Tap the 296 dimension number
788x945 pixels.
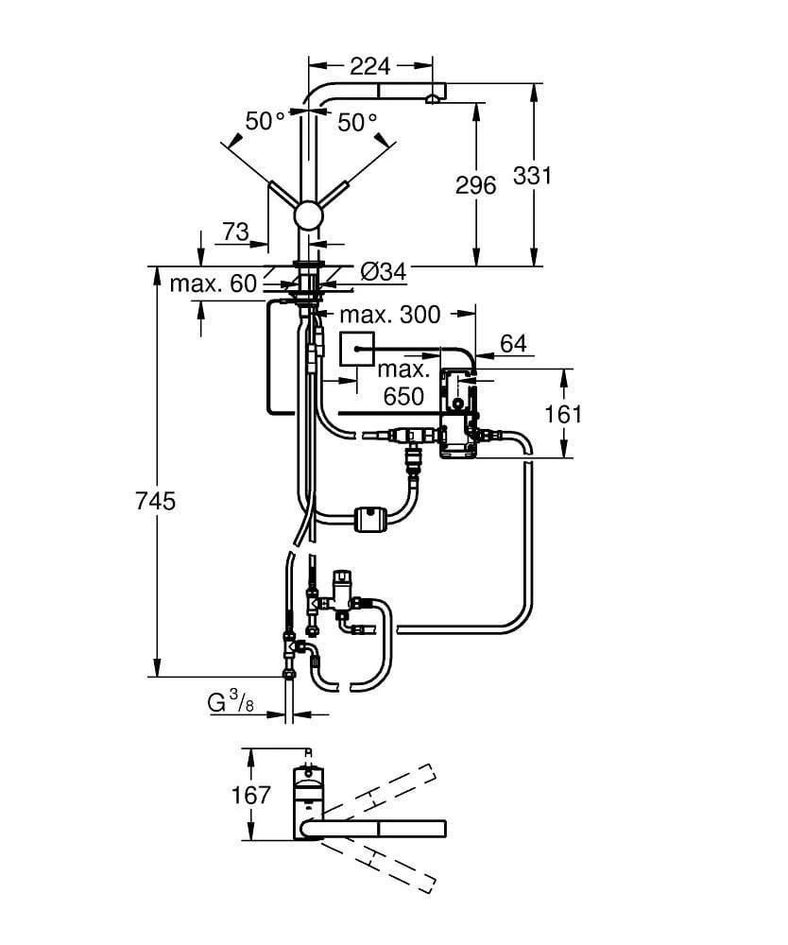click(x=475, y=186)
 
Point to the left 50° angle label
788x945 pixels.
click(x=266, y=121)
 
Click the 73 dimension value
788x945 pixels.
click(x=235, y=232)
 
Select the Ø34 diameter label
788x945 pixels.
click(x=383, y=271)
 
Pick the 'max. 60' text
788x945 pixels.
click(x=213, y=283)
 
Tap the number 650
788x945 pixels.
click(x=403, y=397)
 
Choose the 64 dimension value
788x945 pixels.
click(x=513, y=344)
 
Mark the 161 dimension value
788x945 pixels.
click(x=564, y=414)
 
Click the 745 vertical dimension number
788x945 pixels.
click(x=156, y=501)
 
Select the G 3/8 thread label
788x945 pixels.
click(x=230, y=702)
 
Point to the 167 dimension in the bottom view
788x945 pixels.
click(x=251, y=795)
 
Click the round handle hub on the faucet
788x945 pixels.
click(x=308, y=215)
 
